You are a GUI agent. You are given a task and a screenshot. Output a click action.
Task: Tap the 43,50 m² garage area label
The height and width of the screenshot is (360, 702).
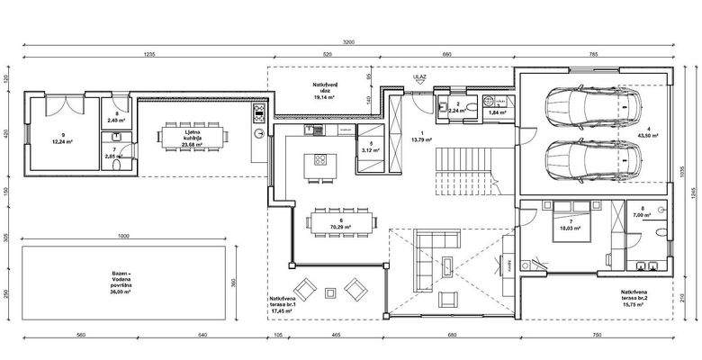coord(646,131)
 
